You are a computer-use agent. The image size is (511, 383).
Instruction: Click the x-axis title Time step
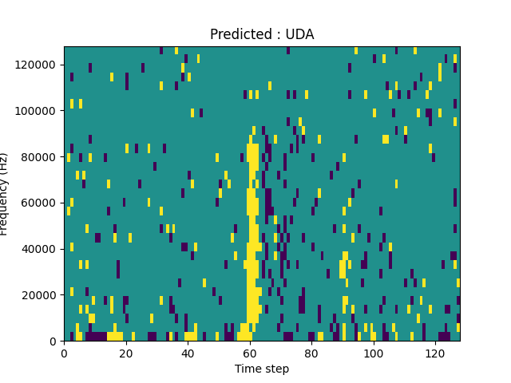(262, 369)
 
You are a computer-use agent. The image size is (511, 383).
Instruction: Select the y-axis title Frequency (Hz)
(5, 194)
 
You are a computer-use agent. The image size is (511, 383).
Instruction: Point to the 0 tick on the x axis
(64, 353)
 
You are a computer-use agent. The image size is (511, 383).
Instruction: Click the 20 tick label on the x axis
(126, 353)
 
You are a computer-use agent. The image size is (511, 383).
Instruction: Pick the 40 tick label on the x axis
(188, 353)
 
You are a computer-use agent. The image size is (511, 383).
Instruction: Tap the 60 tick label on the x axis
(250, 353)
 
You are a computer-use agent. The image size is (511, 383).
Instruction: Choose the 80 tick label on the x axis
(311, 353)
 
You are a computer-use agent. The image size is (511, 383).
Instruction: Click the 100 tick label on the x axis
(374, 353)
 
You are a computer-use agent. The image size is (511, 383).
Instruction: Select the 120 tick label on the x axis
(435, 353)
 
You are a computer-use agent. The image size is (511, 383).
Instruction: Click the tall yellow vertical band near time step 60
(252, 223)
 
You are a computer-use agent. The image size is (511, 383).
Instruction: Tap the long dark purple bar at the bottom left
(96, 336)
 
